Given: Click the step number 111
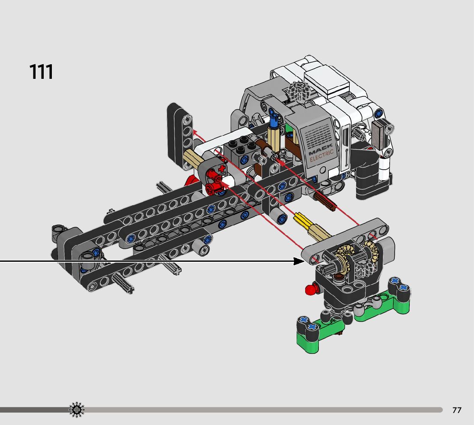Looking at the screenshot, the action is click(x=41, y=72).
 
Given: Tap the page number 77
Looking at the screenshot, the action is click(x=457, y=410).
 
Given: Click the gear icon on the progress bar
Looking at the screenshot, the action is click(x=77, y=410).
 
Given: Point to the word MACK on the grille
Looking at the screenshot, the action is click(x=321, y=150).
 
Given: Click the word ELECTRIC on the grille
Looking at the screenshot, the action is click(x=321, y=156).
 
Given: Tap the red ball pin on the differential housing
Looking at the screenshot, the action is click(x=311, y=289).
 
